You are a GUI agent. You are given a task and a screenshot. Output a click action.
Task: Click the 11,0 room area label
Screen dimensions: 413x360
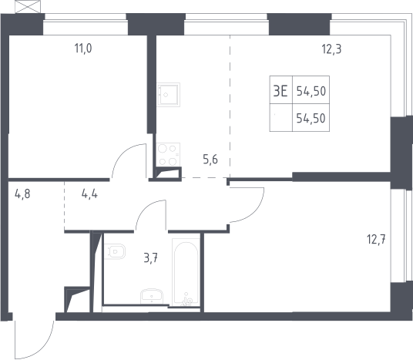point(83,49)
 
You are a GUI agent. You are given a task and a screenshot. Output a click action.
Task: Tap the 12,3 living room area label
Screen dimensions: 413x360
point(331,49)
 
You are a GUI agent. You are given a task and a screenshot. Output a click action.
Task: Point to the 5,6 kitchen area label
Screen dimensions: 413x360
point(210,160)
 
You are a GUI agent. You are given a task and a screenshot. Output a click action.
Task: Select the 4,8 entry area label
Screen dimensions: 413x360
point(22,194)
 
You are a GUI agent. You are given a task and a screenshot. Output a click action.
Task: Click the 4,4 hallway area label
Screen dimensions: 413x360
point(89,194)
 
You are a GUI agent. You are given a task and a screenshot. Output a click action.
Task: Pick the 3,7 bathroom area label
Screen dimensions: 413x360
point(151,258)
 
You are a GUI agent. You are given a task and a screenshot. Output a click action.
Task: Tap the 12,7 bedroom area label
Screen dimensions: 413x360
point(376,240)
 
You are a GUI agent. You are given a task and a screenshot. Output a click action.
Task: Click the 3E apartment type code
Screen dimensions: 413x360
point(280,91)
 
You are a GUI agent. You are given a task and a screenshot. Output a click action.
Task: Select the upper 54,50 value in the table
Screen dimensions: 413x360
point(311,91)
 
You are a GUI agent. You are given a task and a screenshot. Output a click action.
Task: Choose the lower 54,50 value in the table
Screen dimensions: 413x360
point(311,119)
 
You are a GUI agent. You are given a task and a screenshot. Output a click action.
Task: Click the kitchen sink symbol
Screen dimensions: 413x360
point(168,95)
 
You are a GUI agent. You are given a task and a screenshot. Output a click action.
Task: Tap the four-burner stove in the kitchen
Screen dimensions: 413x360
point(168,155)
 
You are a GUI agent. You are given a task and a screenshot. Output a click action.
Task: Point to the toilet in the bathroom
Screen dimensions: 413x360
point(115,251)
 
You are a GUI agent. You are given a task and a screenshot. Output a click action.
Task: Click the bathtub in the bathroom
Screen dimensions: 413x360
point(186,272)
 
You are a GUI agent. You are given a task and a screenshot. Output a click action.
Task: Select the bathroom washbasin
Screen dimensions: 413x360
point(152,296)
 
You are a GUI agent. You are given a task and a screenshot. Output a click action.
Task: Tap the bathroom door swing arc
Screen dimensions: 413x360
point(146,208)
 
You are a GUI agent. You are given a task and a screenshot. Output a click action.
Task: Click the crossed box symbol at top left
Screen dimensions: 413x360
point(28,7)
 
